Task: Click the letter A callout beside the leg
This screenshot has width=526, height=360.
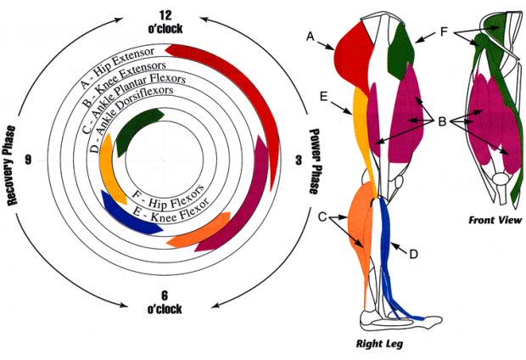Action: (311, 36)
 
